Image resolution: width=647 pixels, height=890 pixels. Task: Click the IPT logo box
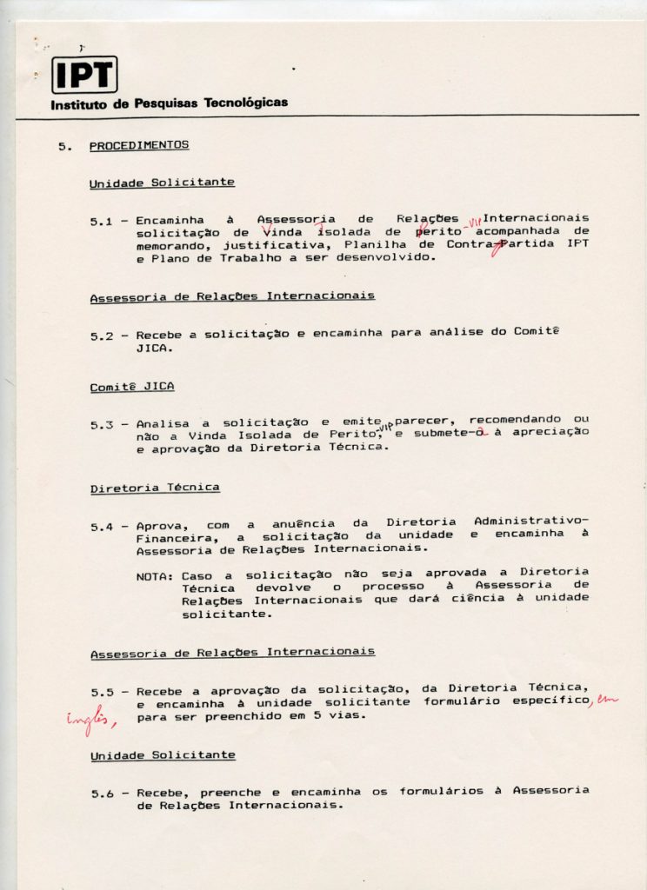[84, 75]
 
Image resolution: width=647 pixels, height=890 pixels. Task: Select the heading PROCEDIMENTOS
[139, 145]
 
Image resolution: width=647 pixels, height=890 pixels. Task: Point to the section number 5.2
[102, 335]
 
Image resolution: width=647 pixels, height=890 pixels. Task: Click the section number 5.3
[102, 425]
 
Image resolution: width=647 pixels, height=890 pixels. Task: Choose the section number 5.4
[102, 527]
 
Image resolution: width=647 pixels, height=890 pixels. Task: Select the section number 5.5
[102, 692]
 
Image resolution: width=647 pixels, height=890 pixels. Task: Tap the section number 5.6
[102, 794]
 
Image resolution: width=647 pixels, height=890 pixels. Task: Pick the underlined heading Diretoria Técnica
[143, 488]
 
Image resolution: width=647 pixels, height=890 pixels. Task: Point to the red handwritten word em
[605, 701]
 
